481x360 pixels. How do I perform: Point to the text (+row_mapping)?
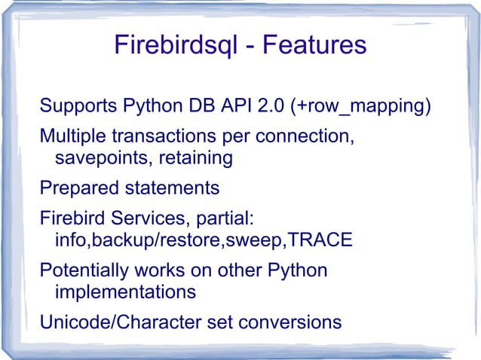point(360,105)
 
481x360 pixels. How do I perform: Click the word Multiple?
point(71,139)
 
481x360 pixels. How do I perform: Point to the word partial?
point(225,220)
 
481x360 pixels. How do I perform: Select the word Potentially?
point(82,270)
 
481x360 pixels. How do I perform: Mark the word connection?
point(306,139)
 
